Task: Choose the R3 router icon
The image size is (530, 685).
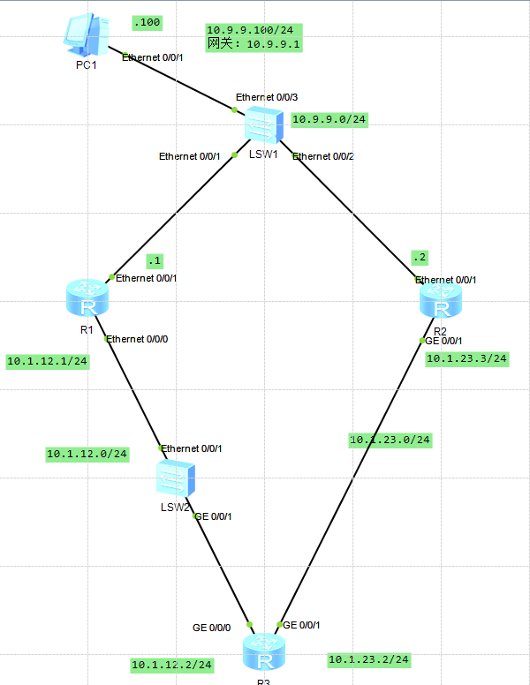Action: pyautogui.click(x=263, y=653)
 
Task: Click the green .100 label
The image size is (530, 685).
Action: pyautogui.click(x=147, y=22)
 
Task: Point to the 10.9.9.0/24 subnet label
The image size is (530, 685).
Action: pyautogui.click(x=329, y=119)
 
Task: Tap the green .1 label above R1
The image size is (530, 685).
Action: pyautogui.click(x=155, y=260)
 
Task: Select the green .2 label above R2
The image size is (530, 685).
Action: pyautogui.click(x=419, y=258)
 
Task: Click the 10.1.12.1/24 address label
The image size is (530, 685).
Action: pyautogui.click(x=47, y=361)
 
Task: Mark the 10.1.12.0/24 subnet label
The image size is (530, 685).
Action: pyautogui.click(x=87, y=454)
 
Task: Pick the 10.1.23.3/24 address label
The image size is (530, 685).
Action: pyautogui.click(x=467, y=358)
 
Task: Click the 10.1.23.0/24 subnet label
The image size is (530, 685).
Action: pyautogui.click(x=390, y=440)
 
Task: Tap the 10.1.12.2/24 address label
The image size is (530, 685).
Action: pyautogui.click(x=172, y=664)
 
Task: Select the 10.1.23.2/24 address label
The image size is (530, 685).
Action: pyautogui.click(x=369, y=659)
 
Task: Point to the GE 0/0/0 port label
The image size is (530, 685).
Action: pyautogui.click(x=212, y=628)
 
